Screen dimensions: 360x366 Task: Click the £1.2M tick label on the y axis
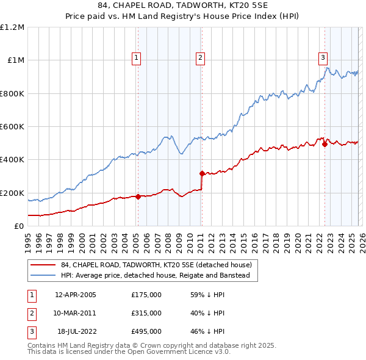click(x=12, y=27)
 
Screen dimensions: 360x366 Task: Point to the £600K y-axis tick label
click(x=12, y=127)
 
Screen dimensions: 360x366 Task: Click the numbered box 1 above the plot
click(x=136, y=58)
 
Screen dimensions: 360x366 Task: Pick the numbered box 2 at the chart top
click(x=200, y=58)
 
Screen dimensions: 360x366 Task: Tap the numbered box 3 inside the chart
click(x=323, y=58)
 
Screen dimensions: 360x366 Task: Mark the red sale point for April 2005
click(x=138, y=196)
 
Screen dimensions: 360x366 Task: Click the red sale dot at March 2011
click(x=202, y=173)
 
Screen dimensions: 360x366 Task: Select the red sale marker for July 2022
click(x=325, y=144)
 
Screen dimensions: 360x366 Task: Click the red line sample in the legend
click(x=43, y=265)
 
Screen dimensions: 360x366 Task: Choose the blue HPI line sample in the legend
click(x=43, y=276)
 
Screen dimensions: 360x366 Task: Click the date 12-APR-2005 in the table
click(x=76, y=295)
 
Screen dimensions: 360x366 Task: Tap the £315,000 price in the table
click(x=146, y=313)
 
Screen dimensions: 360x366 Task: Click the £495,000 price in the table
click(x=146, y=331)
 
